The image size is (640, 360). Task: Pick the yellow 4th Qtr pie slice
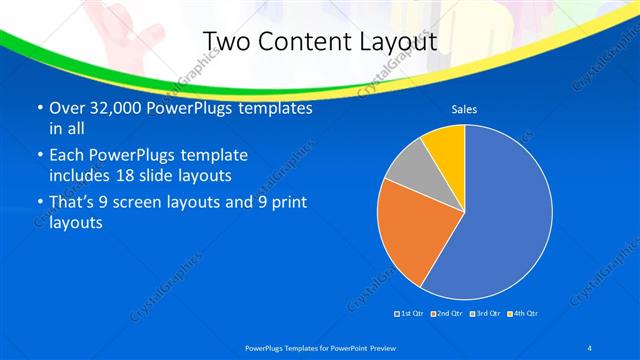coord(446,147)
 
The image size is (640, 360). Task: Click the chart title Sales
coord(464,109)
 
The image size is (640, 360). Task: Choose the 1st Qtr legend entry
coord(409,314)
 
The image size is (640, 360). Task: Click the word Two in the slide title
coord(227,42)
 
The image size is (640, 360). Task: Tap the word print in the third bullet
coord(286,202)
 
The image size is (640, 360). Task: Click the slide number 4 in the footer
coord(591,347)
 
